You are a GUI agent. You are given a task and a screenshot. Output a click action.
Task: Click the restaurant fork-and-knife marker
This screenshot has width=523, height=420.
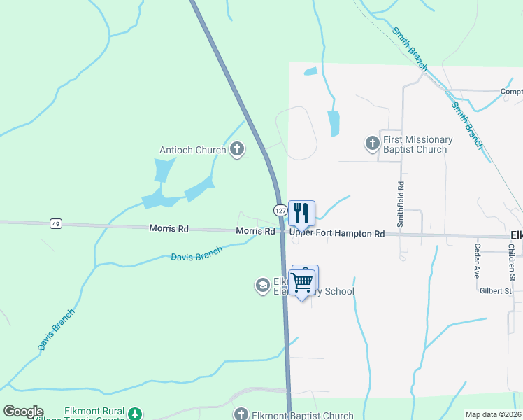[301, 213]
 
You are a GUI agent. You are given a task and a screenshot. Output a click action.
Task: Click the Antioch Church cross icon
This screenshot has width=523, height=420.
[237, 149]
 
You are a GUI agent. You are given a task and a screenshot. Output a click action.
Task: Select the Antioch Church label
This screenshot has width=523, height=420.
[193, 149]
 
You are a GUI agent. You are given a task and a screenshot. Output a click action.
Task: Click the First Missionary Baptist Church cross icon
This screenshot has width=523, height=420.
[372, 144]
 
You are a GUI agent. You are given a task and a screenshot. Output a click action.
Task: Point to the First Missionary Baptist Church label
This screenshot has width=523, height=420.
[418, 144]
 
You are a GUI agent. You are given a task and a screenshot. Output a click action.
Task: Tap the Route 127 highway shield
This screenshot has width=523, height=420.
[280, 210]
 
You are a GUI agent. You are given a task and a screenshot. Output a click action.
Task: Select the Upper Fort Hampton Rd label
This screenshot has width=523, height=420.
[337, 233]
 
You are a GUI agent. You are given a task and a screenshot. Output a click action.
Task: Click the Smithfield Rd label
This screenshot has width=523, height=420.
[401, 204]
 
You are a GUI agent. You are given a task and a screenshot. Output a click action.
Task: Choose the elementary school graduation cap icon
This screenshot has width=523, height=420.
[262, 285]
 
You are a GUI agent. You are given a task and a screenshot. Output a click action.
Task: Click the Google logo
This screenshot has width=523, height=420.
[23, 412]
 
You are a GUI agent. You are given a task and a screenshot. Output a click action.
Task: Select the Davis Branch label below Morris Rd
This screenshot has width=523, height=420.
[196, 253]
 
